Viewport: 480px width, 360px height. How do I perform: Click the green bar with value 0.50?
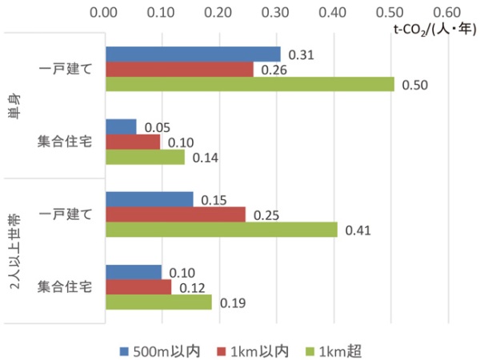[250, 84]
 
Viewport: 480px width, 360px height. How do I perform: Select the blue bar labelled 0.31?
[193, 54]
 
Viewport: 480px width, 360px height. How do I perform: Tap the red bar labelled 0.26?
[179, 69]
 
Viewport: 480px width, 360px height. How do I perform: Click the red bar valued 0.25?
[175, 214]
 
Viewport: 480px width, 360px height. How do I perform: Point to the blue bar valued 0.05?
[121, 126]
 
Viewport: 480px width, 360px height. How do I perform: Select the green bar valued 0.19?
[158, 302]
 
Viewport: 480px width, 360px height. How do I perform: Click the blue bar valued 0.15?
[150, 199]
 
